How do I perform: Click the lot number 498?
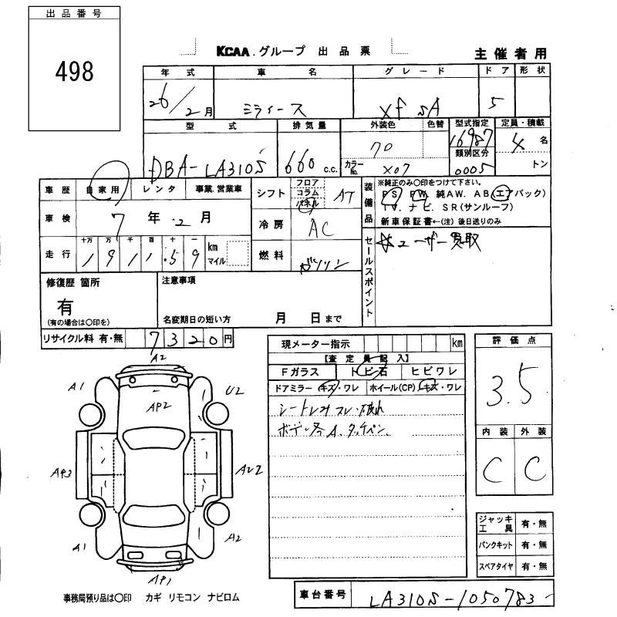[x=75, y=71]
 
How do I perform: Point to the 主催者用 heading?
[x=510, y=53]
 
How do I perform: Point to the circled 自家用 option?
[x=103, y=189]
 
